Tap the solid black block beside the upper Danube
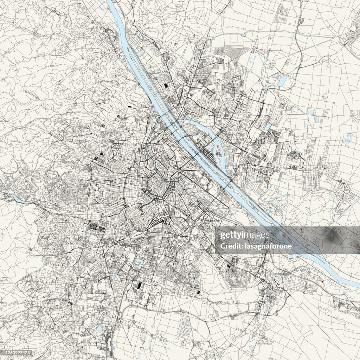[x=165, y=85]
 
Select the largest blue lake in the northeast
[x=282, y=81]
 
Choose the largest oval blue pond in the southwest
[x=99, y=329]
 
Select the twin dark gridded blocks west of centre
[x=97, y=227]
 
